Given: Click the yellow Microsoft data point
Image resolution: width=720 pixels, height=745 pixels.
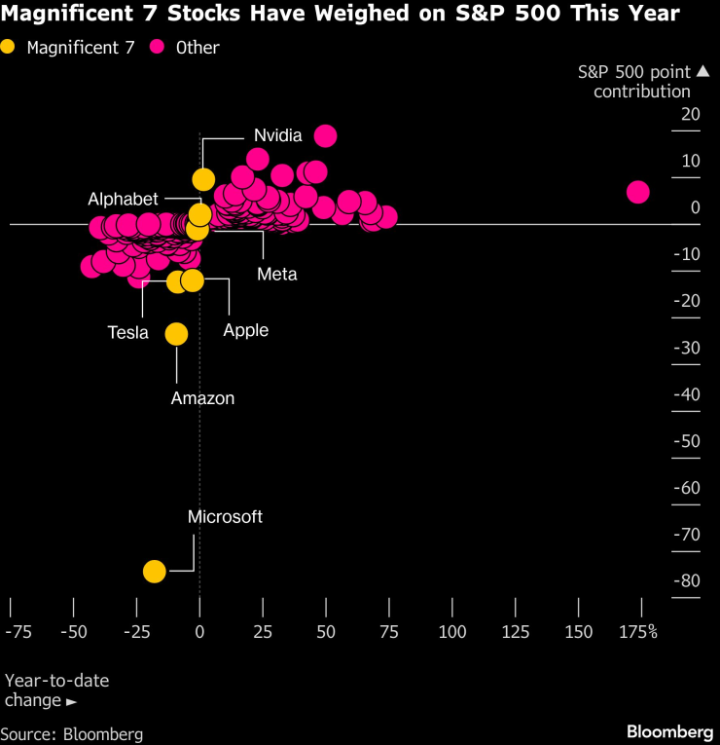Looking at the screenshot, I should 154,572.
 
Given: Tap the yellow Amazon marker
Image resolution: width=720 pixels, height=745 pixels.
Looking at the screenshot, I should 176,334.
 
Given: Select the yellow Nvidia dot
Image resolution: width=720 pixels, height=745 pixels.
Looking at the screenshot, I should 203,179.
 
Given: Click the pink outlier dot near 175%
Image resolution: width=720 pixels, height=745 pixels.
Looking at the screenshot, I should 637,192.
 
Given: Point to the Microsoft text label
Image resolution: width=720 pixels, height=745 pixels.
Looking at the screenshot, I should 225,517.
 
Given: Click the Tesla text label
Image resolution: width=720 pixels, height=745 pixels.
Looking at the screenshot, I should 127,333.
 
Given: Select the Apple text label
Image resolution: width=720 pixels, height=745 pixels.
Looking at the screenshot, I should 245,330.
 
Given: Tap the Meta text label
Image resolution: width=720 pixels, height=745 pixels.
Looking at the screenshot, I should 276,274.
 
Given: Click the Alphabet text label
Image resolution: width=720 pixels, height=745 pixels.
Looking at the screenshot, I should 123,199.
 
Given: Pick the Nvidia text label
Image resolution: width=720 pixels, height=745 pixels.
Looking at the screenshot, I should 278,135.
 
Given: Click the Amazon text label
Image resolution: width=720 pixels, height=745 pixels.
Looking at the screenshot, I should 202,397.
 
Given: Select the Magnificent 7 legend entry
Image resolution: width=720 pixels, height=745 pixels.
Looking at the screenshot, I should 68,47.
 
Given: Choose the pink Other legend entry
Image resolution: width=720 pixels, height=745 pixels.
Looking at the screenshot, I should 185,47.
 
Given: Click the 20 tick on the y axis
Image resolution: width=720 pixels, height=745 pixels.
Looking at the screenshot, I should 690,115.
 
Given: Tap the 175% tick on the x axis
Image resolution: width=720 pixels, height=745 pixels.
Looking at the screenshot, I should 639,631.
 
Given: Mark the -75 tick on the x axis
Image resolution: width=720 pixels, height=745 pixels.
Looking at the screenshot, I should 18,631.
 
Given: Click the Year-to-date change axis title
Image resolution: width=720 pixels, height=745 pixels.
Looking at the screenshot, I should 56,690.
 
